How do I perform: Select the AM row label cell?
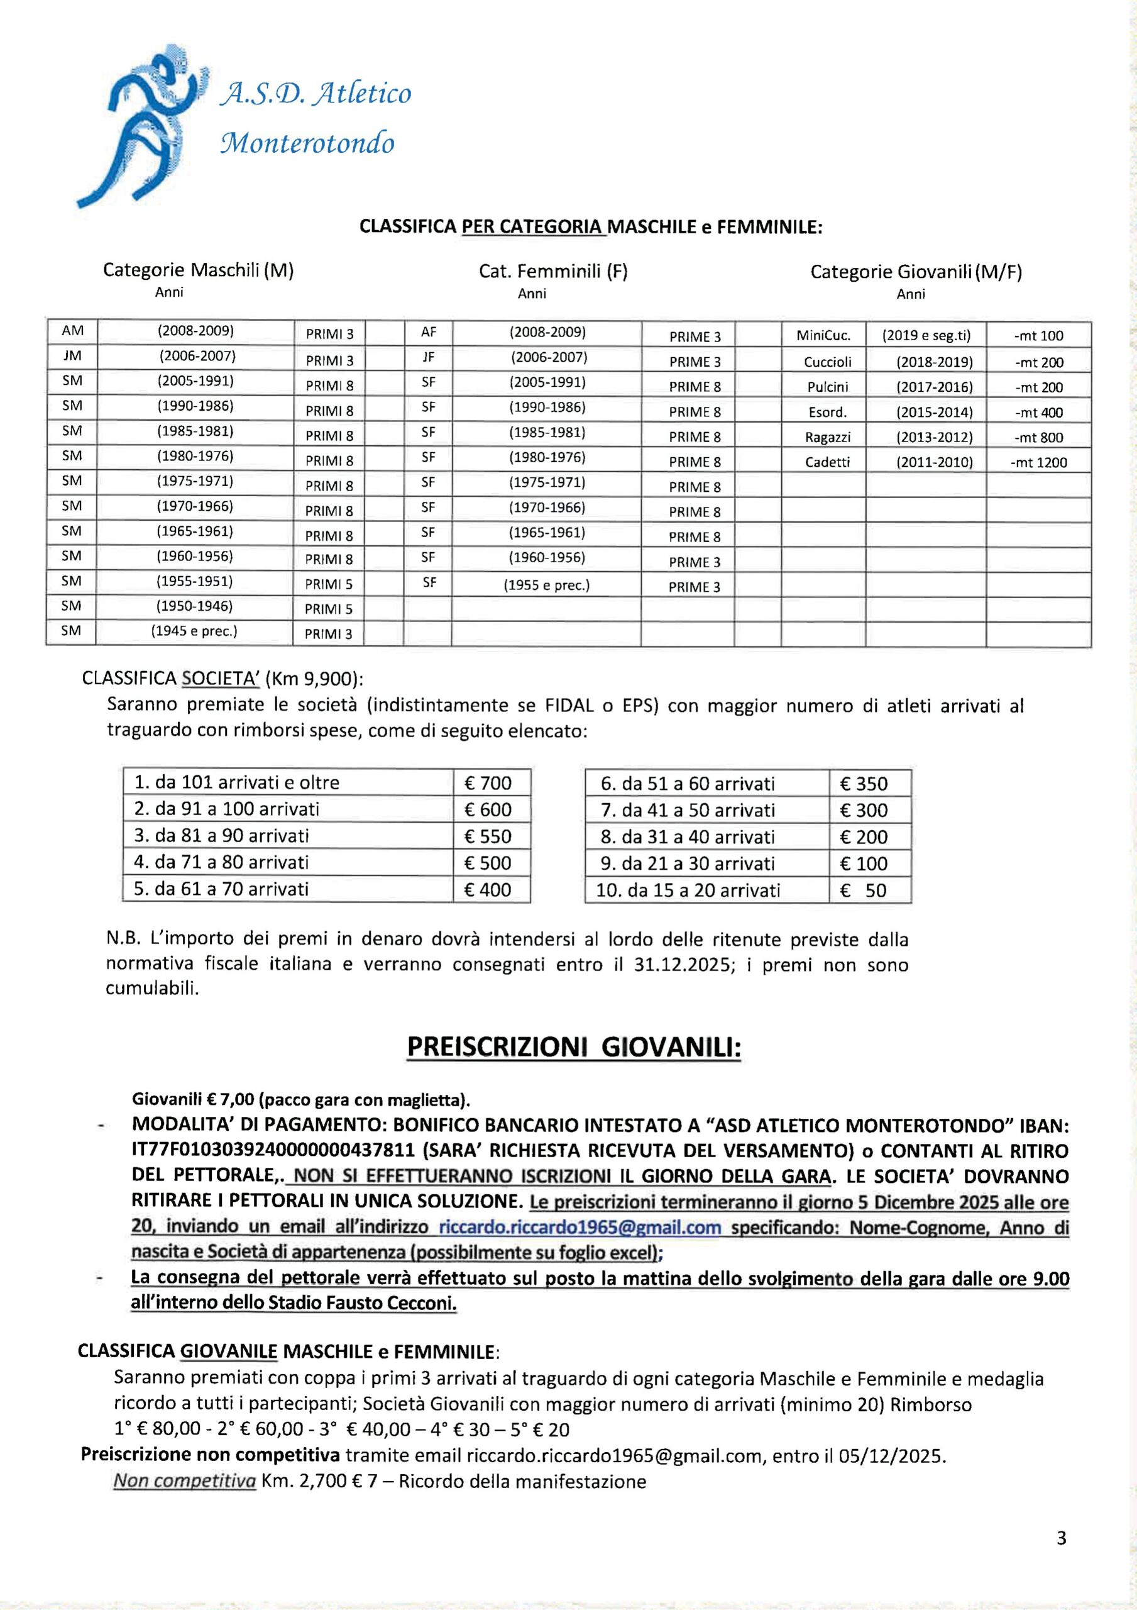coord(72,331)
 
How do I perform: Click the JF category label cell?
coord(428,358)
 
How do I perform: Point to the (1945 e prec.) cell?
coord(194,631)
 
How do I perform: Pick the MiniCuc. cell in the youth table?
coord(823,336)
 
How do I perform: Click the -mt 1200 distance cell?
coord(1038,462)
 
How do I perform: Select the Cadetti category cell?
coord(827,462)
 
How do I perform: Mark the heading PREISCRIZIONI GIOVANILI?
coord(573,1048)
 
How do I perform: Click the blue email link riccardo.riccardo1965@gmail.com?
coord(579,1227)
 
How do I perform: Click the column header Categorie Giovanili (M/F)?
coord(916,272)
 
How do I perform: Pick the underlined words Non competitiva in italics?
coord(184,1482)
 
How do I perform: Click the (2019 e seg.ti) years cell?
coord(926,336)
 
